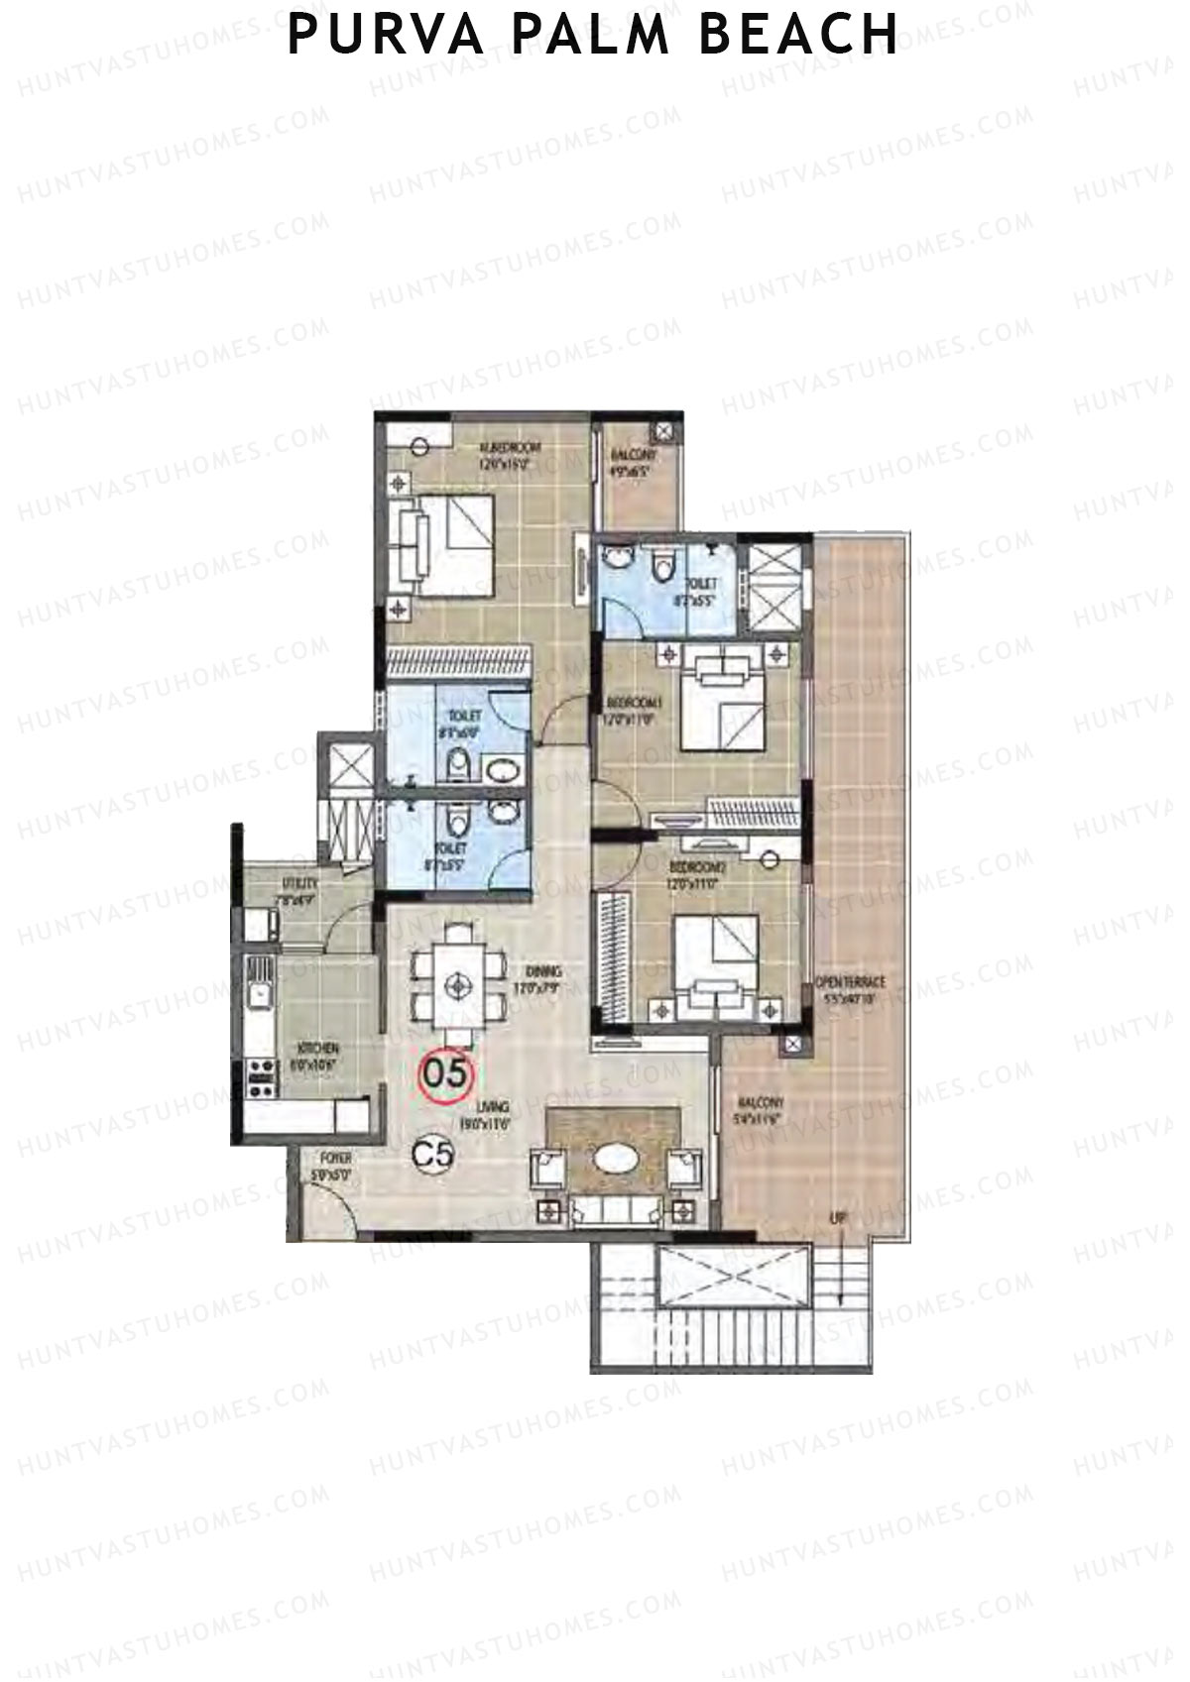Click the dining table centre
[x=457, y=984]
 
